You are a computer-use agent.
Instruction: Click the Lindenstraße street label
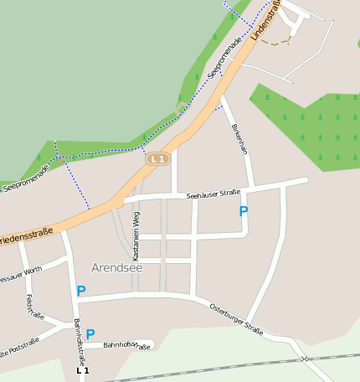(x=265, y=20)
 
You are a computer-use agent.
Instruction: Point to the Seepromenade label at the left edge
(x=25, y=178)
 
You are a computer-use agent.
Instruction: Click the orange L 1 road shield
(x=157, y=158)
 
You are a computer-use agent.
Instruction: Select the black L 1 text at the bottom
(x=82, y=369)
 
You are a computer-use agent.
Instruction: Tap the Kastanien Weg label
(x=136, y=234)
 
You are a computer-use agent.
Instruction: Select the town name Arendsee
(x=117, y=268)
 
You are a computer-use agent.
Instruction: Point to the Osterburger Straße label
(x=236, y=317)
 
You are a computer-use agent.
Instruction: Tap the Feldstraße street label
(x=34, y=307)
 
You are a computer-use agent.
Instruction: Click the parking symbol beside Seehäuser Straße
(x=244, y=211)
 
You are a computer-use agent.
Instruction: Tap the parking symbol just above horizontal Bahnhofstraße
(x=90, y=333)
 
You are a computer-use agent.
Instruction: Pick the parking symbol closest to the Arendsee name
(x=80, y=291)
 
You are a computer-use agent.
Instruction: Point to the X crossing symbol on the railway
(x=305, y=359)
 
